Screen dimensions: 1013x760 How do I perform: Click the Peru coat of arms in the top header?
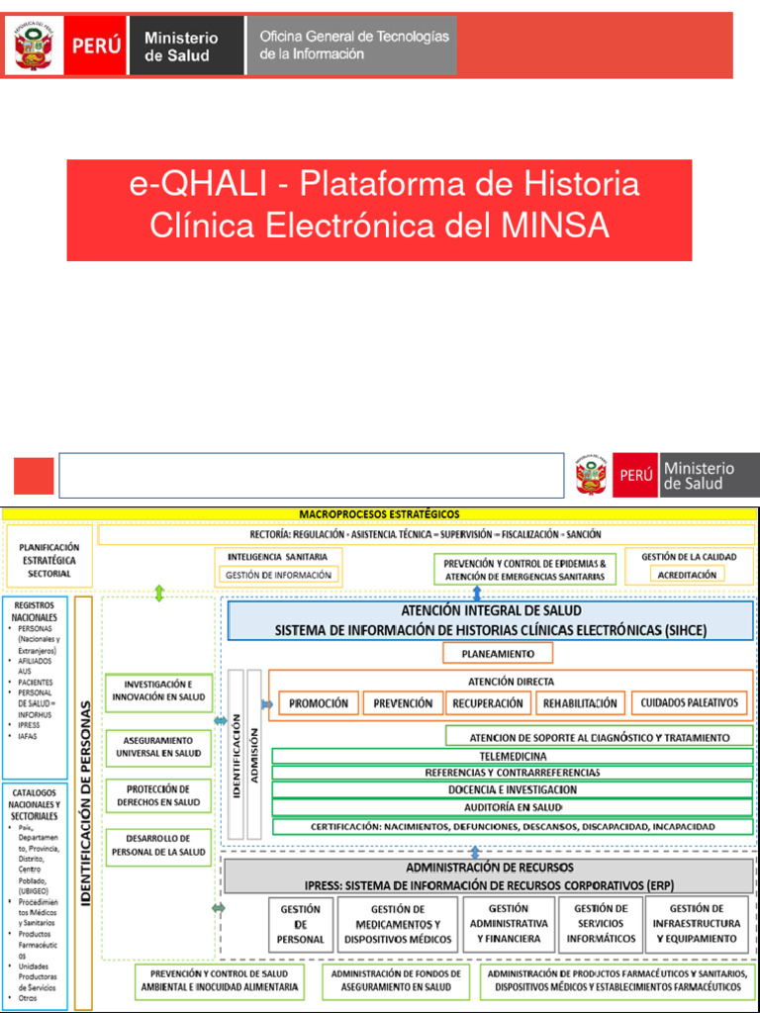click(36, 46)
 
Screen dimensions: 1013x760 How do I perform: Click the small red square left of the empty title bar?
click(34, 476)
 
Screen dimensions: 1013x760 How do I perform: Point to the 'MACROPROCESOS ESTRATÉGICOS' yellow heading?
click(379, 513)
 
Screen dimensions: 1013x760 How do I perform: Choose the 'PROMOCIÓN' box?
click(318, 703)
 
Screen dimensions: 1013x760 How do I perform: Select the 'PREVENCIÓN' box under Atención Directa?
click(403, 703)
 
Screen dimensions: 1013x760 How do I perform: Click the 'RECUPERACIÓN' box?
click(488, 703)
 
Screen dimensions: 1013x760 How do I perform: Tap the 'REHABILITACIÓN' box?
click(580, 703)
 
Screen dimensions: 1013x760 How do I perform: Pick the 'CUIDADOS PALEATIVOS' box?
click(690, 703)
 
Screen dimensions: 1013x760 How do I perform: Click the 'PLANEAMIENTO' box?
click(498, 654)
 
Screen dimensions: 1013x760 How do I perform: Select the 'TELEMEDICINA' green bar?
click(513, 756)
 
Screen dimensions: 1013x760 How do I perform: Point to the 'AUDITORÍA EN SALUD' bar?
click(513, 807)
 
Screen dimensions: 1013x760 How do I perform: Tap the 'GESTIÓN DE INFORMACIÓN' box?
click(278, 574)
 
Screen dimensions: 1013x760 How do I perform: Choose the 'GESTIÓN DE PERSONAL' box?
click(300, 924)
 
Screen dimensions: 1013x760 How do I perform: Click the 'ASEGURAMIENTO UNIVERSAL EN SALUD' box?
click(158, 747)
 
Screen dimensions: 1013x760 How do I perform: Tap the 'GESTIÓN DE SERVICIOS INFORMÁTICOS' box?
click(601, 923)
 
